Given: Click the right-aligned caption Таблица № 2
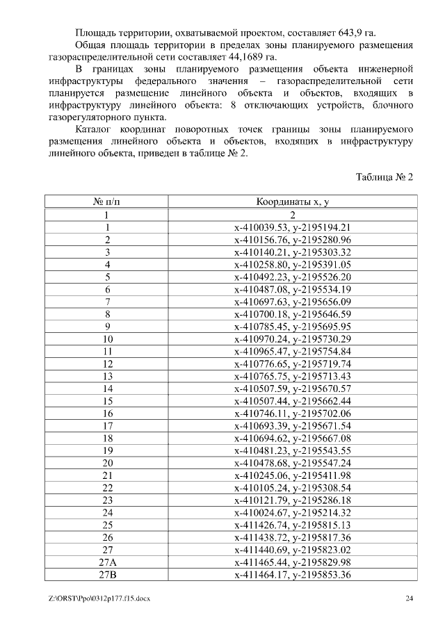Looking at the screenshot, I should [x=385, y=177].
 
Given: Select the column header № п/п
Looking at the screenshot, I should [x=108, y=202].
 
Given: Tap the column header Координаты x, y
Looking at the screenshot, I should [x=293, y=202].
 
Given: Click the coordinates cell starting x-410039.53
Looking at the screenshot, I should [x=293, y=227].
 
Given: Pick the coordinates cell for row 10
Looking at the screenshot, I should [x=293, y=338].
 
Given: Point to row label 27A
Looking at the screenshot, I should [x=108, y=562].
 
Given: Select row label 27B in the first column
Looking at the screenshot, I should [x=108, y=574].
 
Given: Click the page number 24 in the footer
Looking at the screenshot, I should [x=409, y=598].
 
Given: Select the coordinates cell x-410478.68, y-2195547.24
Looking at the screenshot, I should [x=293, y=463].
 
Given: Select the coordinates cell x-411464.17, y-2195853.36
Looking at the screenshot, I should [x=293, y=574].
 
